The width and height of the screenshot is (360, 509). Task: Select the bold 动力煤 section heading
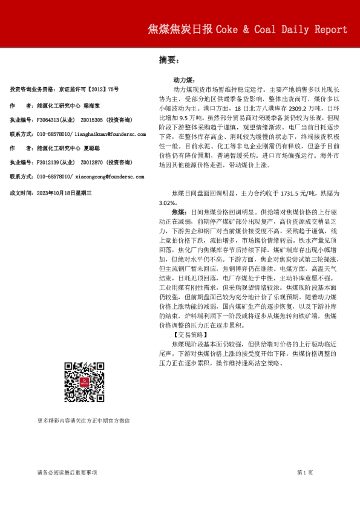tap(183, 79)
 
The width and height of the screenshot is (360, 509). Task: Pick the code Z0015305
tap(94, 120)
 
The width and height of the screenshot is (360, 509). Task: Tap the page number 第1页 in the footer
tap(306, 472)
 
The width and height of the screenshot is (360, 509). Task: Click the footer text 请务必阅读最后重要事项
tap(67, 472)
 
